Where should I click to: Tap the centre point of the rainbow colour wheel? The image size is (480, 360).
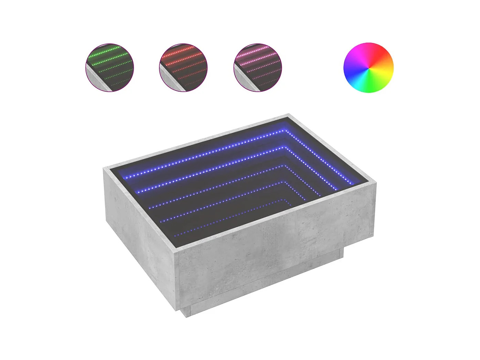[x=368, y=68]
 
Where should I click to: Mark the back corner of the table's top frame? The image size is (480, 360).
[x=288, y=115]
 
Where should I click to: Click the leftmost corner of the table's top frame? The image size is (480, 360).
[x=104, y=168]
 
